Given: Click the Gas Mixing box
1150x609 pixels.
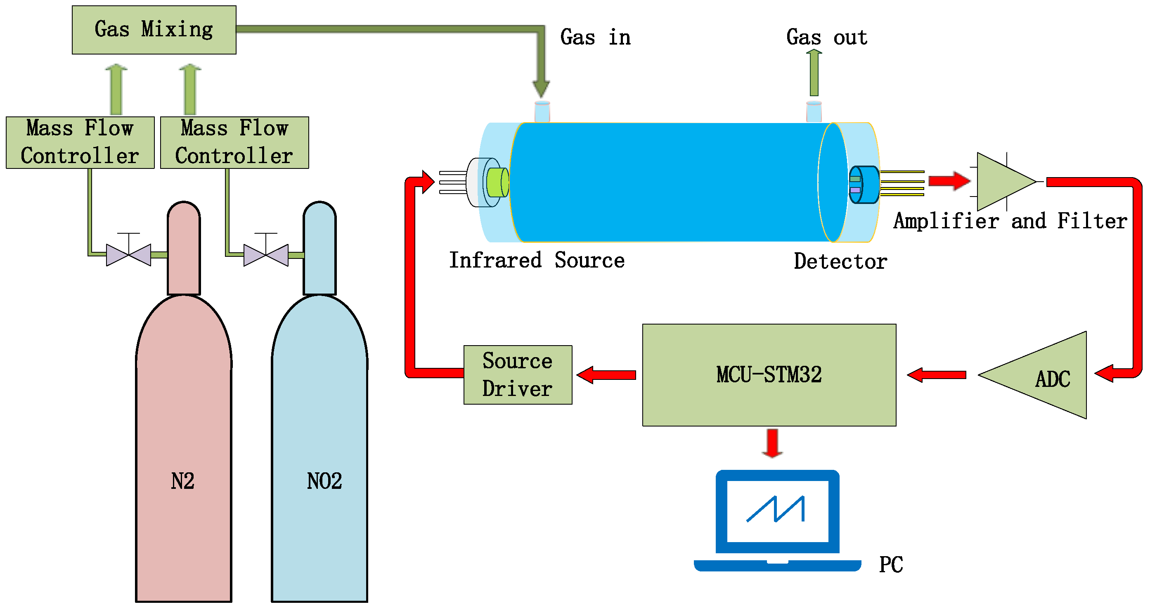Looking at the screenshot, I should point(154,30).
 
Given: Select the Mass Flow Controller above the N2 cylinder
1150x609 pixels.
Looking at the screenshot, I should point(80,142).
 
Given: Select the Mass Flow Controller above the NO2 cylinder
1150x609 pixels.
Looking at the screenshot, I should point(234,142).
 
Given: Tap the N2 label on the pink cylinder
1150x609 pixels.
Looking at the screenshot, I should point(182,481).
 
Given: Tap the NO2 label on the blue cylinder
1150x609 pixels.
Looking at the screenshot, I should point(324,481).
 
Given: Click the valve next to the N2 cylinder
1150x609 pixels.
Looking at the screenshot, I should point(128,254).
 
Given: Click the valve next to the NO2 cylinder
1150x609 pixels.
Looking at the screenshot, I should point(266,254).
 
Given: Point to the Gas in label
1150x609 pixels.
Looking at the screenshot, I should point(595,37).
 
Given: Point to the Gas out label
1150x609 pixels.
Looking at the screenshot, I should point(826,37).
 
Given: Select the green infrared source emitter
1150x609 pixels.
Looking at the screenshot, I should point(497,182).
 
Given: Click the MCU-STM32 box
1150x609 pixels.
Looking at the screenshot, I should point(769,375).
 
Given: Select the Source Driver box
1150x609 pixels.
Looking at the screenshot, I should point(518,375).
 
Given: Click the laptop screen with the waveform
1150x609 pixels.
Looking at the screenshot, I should point(777,511).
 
